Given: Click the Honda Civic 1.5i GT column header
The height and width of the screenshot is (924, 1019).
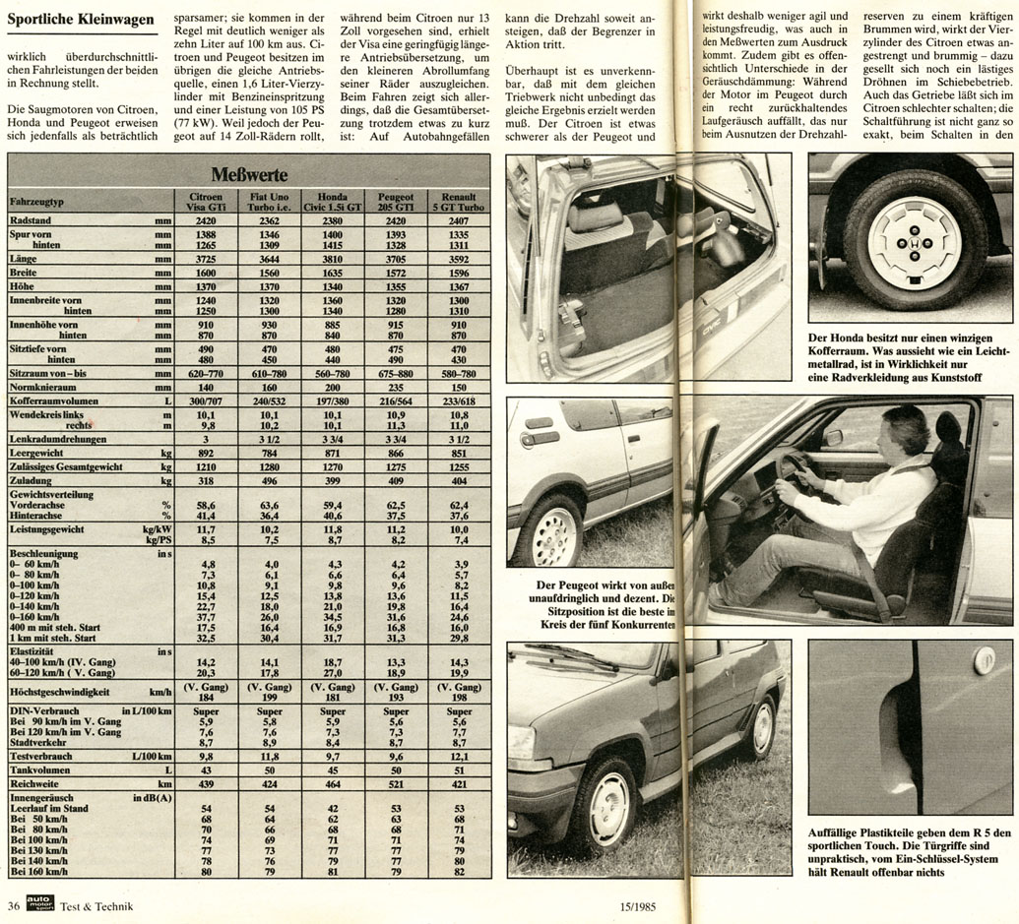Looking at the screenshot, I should [333, 202].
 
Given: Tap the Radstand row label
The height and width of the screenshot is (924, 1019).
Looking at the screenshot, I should [30, 221].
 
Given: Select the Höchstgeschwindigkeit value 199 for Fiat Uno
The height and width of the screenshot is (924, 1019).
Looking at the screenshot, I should [270, 697].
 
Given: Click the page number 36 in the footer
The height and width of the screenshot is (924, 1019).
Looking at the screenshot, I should [13, 906].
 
